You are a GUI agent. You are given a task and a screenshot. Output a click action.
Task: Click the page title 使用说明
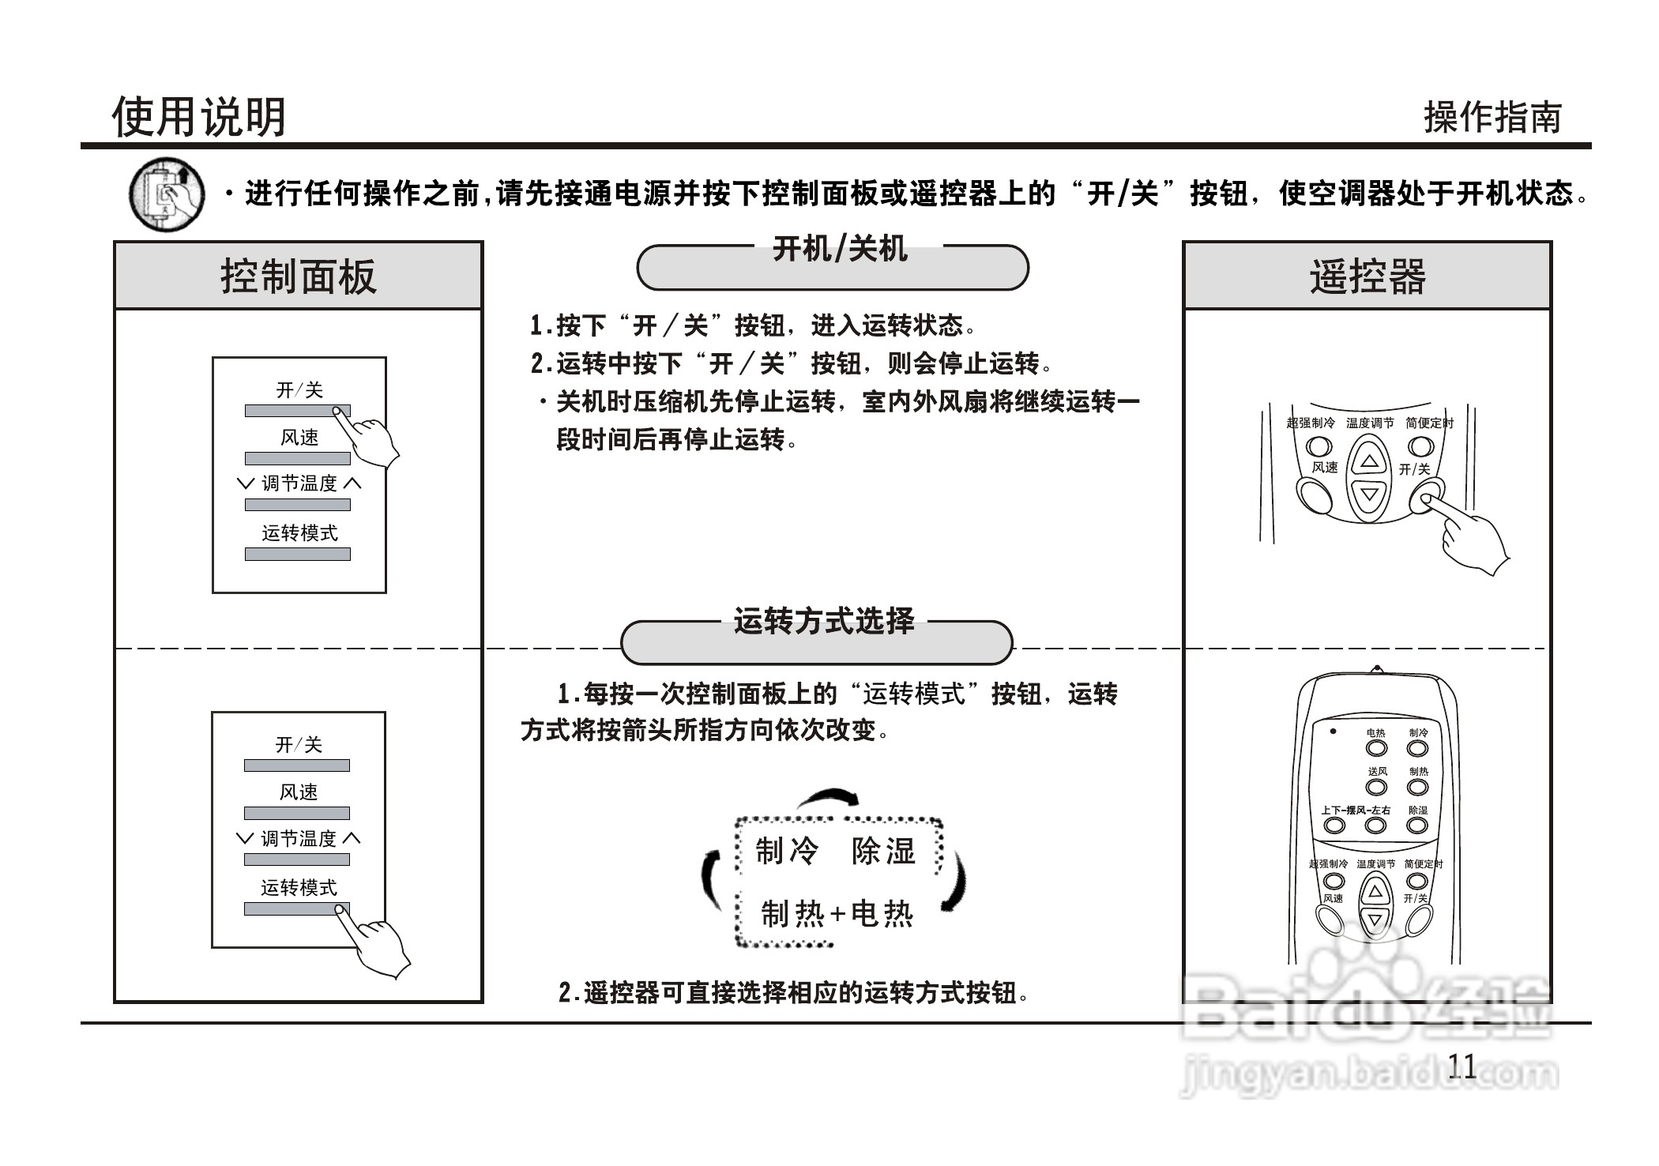click(x=198, y=117)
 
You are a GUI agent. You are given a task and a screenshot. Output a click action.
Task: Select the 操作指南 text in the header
click(x=1492, y=118)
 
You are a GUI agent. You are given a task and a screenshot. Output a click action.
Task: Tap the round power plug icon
click(x=166, y=194)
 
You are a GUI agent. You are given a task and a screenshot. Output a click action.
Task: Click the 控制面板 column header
click(x=298, y=276)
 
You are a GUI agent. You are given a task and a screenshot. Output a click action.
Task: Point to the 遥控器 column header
click(x=1367, y=276)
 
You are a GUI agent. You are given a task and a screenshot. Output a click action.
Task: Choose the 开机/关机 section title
click(x=839, y=250)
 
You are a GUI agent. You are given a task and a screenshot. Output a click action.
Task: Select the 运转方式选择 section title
click(x=823, y=621)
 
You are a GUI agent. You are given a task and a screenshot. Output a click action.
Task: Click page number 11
click(x=1461, y=1066)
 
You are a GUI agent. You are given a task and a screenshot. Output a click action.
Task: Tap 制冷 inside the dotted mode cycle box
click(x=787, y=851)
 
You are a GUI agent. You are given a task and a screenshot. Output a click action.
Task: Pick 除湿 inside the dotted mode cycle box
click(x=884, y=851)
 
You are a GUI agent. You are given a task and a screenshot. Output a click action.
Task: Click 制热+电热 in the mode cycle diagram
click(x=837, y=914)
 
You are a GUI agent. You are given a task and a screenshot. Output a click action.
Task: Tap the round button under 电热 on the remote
click(x=1376, y=748)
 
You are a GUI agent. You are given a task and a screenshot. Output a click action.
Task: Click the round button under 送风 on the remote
click(x=1376, y=787)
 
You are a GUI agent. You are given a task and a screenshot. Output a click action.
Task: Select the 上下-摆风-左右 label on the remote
click(x=1356, y=811)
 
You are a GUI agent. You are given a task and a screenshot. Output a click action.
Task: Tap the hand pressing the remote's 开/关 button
click(x=1469, y=537)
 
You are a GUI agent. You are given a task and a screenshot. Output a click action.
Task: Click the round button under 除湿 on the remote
click(x=1417, y=826)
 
